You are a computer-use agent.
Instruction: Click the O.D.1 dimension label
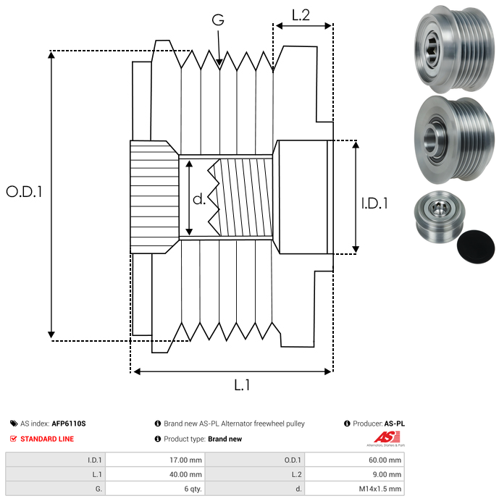coord(24,192)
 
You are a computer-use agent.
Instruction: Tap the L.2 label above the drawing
coord(301,14)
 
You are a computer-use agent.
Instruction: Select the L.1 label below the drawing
coord(241,386)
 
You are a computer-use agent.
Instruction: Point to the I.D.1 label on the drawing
coord(374,204)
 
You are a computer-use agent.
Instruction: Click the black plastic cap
coord(476,248)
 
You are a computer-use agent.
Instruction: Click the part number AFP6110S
coord(69,424)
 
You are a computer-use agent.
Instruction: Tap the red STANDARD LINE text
coord(47,439)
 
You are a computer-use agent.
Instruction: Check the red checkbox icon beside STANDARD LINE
coord(13,439)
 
